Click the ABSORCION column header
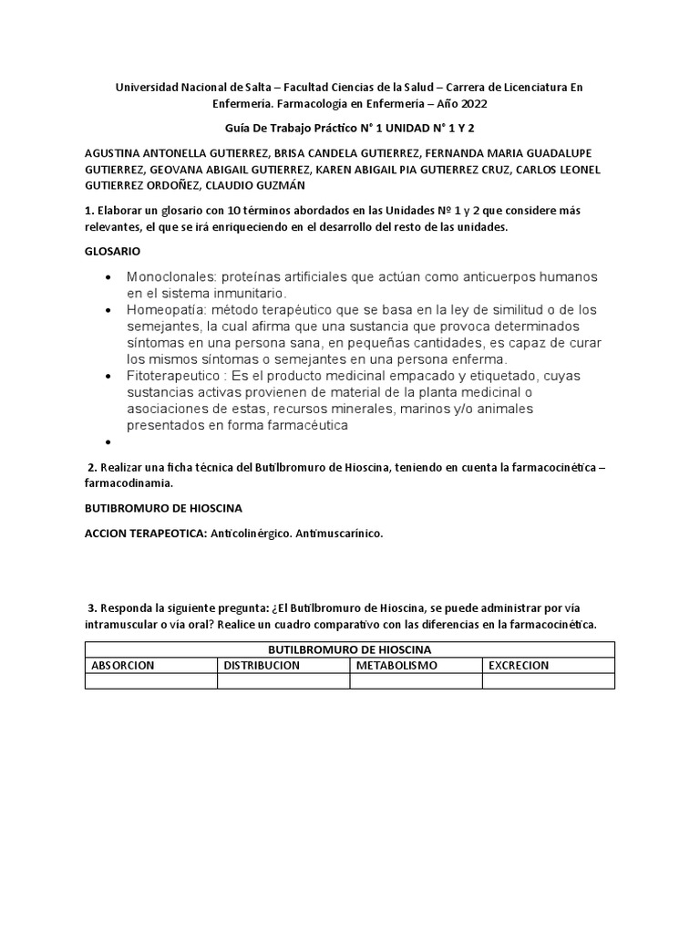pyautogui.click(x=123, y=665)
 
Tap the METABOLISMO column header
pyautogui.click(x=396, y=665)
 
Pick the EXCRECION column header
pyautogui.click(x=519, y=665)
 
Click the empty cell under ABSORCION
pyautogui.click(x=150, y=680)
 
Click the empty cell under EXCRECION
pyautogui.click(x=548, y=680)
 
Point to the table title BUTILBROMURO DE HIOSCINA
pyautogui.click(x=349, y=649)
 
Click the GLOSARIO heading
pyautogui.click(x=112, y=251)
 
